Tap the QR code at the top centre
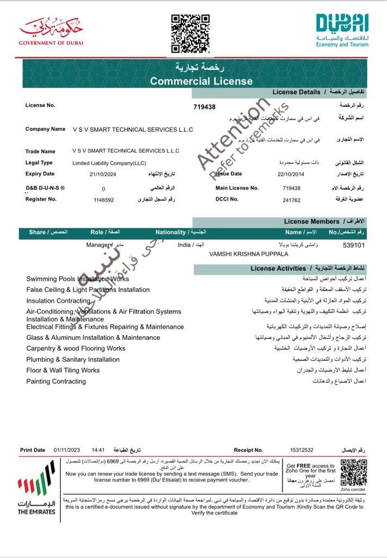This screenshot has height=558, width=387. (191, 34)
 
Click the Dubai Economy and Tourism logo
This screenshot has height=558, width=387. (342, 31)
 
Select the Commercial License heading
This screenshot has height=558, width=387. (201, 81)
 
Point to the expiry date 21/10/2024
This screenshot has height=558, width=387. (103, 174)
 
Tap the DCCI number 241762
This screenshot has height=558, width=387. (292, 200)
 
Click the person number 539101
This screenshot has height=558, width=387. (354, 245)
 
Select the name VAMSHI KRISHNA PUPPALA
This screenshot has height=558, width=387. (249, 254)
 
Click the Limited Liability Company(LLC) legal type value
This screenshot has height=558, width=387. (109, 163)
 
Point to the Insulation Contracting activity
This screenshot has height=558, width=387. (58, 301)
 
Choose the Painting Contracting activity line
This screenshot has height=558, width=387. (56, 381)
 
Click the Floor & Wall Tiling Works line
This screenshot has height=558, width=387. (63, 371)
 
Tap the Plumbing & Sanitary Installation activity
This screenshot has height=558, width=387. (73, 360)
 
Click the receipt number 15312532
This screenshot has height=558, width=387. (302, 450)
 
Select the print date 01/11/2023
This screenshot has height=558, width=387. (67, 450)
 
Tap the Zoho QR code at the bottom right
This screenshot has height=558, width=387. (353, 472)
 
